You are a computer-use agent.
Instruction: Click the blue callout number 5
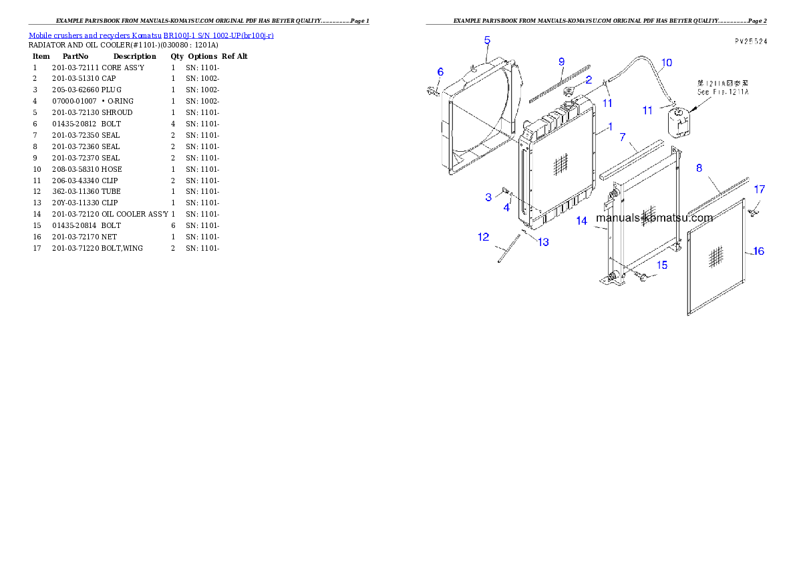(487, 40)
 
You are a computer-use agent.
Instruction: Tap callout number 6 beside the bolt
(440, 72)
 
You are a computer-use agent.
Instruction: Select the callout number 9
(562, 62)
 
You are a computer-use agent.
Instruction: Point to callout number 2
(589, 80)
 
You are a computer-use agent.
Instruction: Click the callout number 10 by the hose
(667, 64)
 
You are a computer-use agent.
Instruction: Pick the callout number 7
(623, 137)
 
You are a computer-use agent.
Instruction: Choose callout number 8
(699, 168)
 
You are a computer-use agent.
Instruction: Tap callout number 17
(760, 190)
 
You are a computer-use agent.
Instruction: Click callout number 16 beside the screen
(759, 251)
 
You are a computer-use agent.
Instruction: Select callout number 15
(661, 265)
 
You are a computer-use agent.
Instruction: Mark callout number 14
(582, 221)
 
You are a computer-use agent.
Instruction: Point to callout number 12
(483, 237)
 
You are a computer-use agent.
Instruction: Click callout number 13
(543, 242)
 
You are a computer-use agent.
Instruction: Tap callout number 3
(488, 197)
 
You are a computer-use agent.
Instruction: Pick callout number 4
(507, 208)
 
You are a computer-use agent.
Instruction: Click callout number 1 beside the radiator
(610, 126)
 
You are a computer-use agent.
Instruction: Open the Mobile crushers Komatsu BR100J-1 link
(151, 35)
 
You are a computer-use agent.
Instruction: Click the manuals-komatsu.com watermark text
(654, 217)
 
